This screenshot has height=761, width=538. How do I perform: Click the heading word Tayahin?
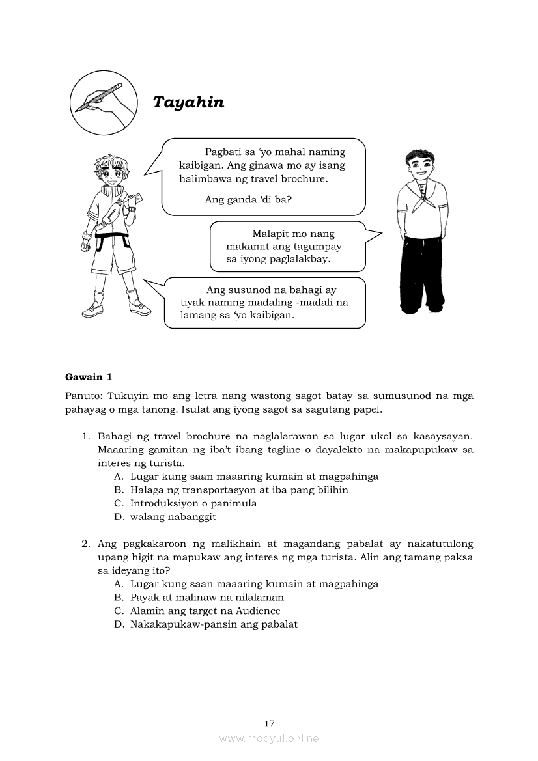[188, 102]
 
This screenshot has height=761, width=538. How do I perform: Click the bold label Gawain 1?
[89, 376]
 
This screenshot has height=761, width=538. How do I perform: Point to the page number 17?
[270, 723]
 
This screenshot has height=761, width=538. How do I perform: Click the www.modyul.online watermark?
[269, 738]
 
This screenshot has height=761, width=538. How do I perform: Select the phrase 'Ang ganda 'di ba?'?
[248, 199]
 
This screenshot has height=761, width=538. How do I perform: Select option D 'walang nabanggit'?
[173, 517]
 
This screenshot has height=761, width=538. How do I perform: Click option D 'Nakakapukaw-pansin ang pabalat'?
[213, 624]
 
